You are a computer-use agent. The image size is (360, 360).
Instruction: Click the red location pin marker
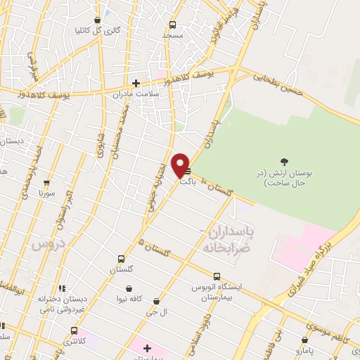pos(181,165)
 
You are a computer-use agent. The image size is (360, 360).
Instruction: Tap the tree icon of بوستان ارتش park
pos(284,162)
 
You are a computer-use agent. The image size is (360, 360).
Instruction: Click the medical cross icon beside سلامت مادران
pos(136,83)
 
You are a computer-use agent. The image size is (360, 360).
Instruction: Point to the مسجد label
pos(172,34)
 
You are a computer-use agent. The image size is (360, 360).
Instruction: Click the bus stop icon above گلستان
pos(122,258)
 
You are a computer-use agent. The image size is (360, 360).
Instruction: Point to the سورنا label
pos(46,192)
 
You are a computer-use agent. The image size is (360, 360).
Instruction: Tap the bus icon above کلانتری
pos(74,330)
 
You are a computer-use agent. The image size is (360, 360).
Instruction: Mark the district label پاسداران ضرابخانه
pos(226,239)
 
